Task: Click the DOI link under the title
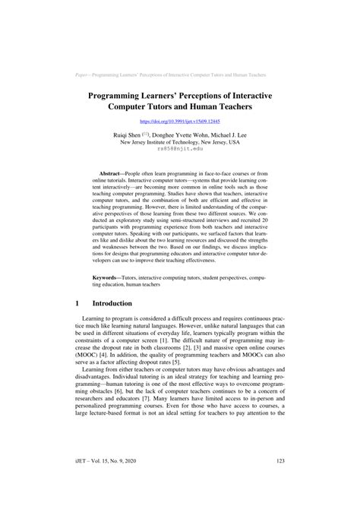point(180,120)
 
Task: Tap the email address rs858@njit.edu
point(180,149)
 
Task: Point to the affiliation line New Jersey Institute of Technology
point(180,141)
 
